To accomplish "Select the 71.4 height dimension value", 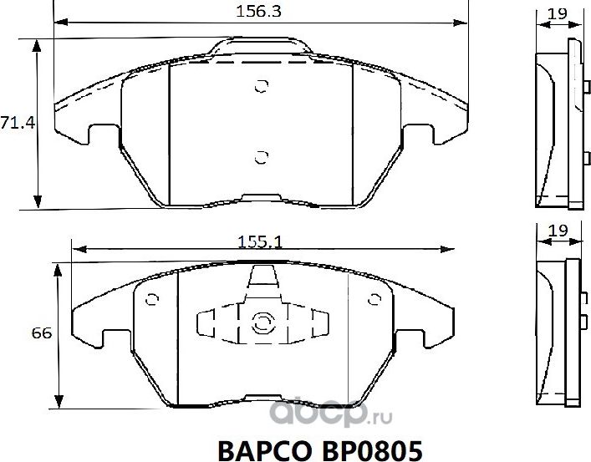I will pyautogui.click(x=16, y=123).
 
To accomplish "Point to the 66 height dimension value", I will pyautogui.click(x=43, y=333).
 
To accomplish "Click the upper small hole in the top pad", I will pyautogui.click(x=261, y=85).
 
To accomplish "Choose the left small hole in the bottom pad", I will pyautogui.click(x=151, y=299).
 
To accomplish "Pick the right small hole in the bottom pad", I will pyautogui.click(x=374, y=299).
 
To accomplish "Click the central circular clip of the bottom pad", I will pyautogui.click(x=261, y=322).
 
